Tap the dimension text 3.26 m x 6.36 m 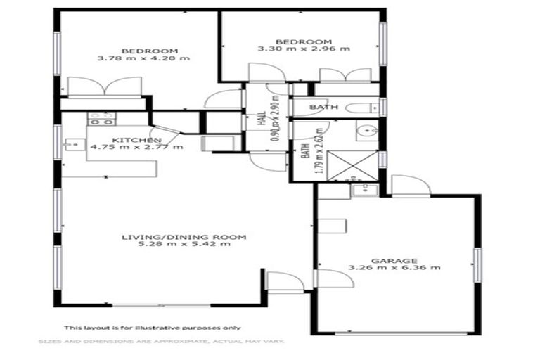click(x=394, y=268)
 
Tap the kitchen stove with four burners click(x=98, y=118)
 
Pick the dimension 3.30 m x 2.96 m click(x=304, y=50)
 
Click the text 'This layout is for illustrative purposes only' click(x=153, y=327)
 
